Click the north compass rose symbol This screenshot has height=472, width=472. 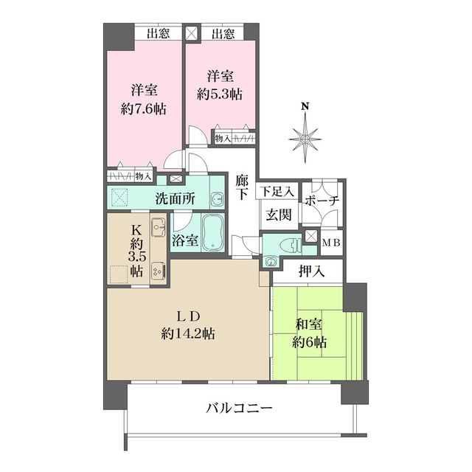(x=304, y=137)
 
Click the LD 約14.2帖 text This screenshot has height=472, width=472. (x=188, y=325)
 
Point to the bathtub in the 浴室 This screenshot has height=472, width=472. (x=212, y=233)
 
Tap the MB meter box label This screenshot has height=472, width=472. (x=331, y=241)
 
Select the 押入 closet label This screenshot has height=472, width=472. (x=308, y=271)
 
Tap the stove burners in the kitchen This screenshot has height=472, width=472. (x=157, y=271)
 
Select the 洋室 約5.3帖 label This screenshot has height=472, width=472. (x=220, y=85)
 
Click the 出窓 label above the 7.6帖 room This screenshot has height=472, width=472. (x=158, y=33)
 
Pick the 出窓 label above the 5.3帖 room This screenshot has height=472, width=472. (x=222, y=33)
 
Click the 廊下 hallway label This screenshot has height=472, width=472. (x=242, y=187)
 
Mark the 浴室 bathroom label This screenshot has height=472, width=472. (x=184, y=240)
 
